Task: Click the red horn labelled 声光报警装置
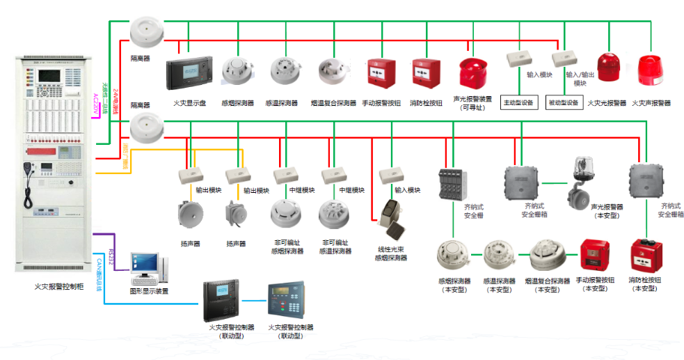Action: click(x=473, y=74)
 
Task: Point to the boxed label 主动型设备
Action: click(x=518, y=103)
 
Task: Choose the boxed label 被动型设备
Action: click(x=564, y=103)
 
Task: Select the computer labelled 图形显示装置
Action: click(x=147, y=268)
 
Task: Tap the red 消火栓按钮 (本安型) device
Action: click(x=644, y=259)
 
